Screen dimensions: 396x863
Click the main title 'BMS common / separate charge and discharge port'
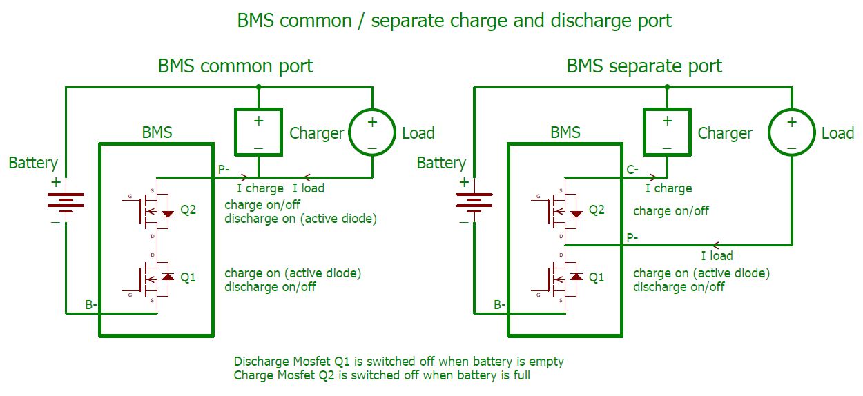click(454, 21)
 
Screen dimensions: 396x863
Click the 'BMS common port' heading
click(235, 67)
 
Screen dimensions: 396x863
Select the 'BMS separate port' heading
click(643, 67)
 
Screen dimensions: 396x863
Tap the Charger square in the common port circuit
click(258, 132)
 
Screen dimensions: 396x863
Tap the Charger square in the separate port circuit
click(666, 132)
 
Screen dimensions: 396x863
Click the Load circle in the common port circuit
click(371, 132)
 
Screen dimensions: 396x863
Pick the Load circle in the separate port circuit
click(791, 132)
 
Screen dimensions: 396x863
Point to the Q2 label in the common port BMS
click(188, 210)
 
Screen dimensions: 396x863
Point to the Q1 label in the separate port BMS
click(597, 277)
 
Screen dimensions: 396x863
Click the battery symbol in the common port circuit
click(66, 200)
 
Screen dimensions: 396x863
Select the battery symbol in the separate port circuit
click(474, 200)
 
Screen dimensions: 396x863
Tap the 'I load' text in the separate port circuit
click(717, 256)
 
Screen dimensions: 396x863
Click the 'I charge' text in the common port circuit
click(260, 188)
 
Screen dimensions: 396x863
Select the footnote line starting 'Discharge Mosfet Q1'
click(398, 362)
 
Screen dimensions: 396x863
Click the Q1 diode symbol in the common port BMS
click(166, 276)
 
